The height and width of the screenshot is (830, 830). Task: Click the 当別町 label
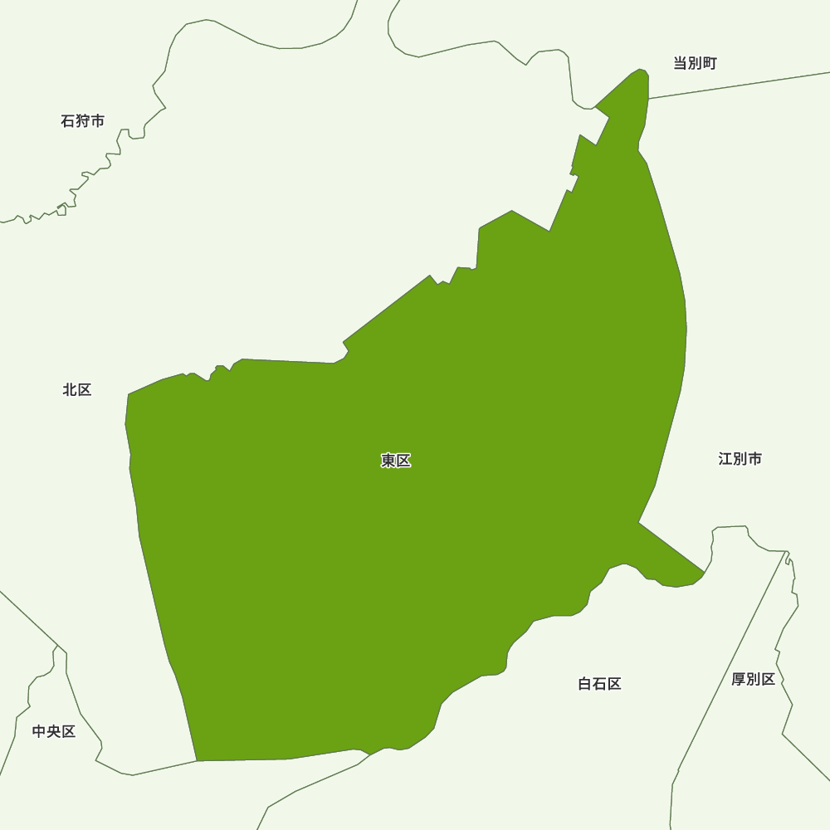tap(695, 63)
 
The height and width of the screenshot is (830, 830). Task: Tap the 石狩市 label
tap(83, 121)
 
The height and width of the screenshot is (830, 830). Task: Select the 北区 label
tap(77, 389)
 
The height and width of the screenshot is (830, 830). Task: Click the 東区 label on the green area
tap(396, 461)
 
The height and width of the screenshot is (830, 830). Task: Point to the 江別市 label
tap(740, 459)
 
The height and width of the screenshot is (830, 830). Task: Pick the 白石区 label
tap(599, 684)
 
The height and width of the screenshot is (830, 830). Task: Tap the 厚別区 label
tap(753, 679)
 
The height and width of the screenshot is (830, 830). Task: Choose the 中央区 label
tap(54, 731)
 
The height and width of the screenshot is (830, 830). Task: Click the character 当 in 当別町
tap(680, 63)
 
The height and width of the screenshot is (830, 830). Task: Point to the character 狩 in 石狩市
tap(83, 121)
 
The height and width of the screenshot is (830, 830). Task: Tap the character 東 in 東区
tap(388, 461)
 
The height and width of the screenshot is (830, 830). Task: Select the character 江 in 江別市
tap(725, 459)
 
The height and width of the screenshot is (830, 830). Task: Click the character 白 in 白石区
tap(585, 684)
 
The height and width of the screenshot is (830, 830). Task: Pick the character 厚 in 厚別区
tap(739, 679)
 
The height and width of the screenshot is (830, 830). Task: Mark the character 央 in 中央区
tap(54, 731)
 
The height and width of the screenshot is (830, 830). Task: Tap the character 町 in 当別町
tap(709, 63)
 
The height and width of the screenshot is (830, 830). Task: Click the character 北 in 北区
tap(70, 389)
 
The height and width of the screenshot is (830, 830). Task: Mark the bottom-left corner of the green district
tap(198, 759)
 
